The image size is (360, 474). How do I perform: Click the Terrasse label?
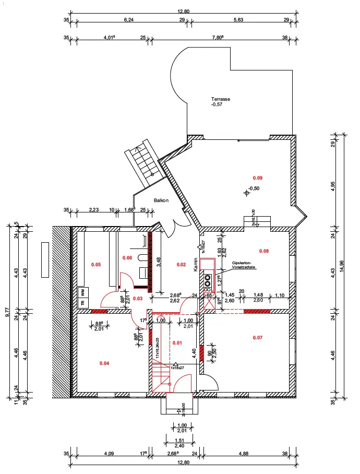coord(221,99)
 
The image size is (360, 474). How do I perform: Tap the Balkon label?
coord(160,200)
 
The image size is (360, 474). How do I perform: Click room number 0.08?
coord(264,251)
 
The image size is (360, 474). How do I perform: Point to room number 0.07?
coord(258,338)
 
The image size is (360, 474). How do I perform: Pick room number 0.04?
coord(104,362)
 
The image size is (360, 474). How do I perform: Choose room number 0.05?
coord(96,265)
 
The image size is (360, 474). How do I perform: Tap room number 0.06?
coord(127,258)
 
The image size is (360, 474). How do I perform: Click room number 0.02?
coord(181,265)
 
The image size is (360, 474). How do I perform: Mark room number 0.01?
coord(177,343)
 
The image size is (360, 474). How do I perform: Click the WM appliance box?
coord(82,292)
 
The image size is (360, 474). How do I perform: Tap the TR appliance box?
coord(82,302)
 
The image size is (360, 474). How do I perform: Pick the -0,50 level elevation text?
coord(254,188)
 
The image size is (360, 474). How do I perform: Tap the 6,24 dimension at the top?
coord(128,20)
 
